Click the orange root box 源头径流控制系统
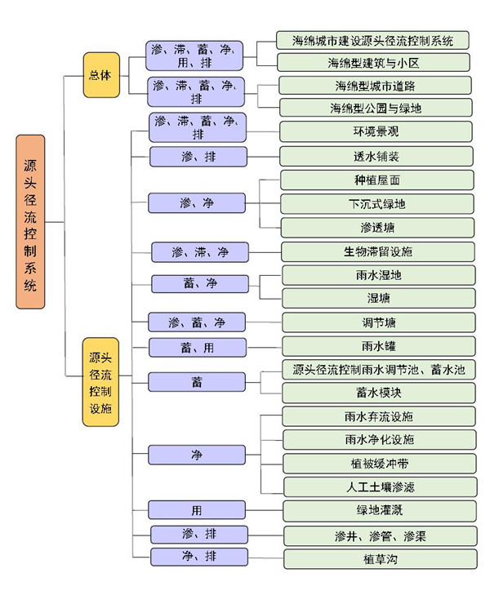[x=30, y=222]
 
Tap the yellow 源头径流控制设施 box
[x=100, y=382]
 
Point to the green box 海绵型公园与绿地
[x=376, y=108]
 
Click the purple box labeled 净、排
[x=198, y=557]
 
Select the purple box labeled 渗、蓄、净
[x=197, y=322]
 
